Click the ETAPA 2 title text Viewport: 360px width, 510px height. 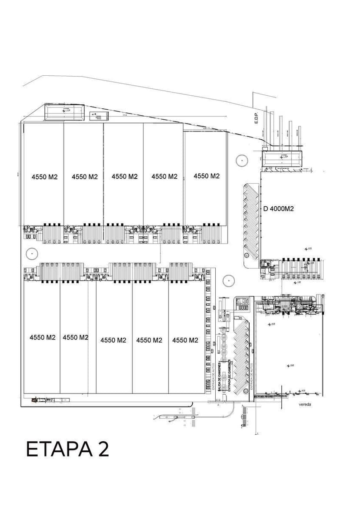point(67,449)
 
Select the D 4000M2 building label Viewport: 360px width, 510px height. point(279,209)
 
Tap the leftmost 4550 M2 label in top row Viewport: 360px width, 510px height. point(45,177)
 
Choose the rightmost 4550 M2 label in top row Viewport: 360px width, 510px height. point(207,176)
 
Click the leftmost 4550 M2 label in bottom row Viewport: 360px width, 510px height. point(43,337)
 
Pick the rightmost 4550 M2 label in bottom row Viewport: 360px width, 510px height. point(185,340)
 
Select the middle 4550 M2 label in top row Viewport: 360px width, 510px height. point(124,176)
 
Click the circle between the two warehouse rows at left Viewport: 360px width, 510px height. point(31,253)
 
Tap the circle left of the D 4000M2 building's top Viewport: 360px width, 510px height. point(241,161)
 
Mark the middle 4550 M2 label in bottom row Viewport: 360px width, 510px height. point(113,340)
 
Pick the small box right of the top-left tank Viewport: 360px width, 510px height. point(98,116)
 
